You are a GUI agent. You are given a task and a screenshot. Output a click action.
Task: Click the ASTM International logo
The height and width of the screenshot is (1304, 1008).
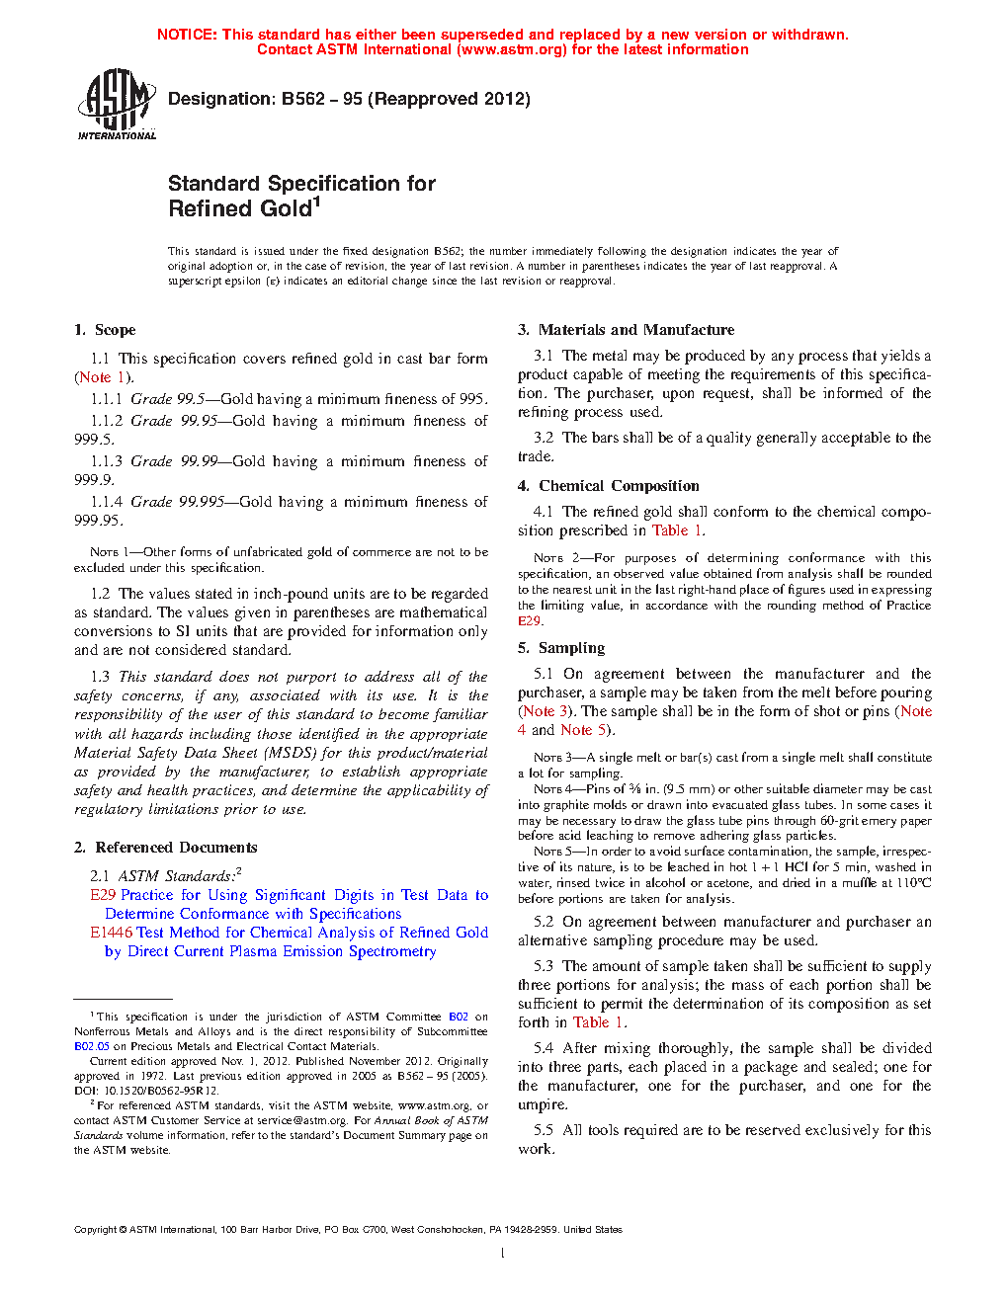click(x=117, y=104)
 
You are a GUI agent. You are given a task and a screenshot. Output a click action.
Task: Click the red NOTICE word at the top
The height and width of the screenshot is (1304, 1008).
click(x=187, y=35)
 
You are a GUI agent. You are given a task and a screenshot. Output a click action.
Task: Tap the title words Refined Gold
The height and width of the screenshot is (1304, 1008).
click(x=240, y=209)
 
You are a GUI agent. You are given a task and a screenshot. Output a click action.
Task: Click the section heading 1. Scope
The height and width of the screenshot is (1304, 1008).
click(x=105, y=330)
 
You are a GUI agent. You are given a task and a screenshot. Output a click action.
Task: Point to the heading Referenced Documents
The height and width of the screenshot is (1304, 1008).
click(x=176, y=848)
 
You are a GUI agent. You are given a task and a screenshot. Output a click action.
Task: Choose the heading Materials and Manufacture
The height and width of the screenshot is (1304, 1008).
click(x=636, y=330)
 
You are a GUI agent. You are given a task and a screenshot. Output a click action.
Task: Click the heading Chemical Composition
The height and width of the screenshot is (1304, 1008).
click(x=619, y=486)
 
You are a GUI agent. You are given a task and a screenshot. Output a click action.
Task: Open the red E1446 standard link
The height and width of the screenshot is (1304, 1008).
click(x=111, y=933)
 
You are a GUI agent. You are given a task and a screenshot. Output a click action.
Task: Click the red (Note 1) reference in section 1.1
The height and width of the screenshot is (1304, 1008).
click(x=104, y=377)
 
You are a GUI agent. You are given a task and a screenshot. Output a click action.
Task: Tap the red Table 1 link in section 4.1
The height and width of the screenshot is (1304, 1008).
click(x=678, y=530)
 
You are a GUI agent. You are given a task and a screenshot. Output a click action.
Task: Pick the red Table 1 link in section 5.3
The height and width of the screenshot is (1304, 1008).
click(x=598, y=1022)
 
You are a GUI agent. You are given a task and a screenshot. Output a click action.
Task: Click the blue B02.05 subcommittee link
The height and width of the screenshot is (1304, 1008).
click(x=92, y=1046)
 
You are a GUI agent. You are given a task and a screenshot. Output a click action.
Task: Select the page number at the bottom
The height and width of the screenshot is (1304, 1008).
click(x=503, y=1254)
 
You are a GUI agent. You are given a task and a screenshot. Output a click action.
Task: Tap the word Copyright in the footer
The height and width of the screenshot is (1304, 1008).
click(x=95, y=1230)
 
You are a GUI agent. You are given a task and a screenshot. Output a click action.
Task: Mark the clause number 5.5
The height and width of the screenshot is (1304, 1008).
click(x=544, y=1130)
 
